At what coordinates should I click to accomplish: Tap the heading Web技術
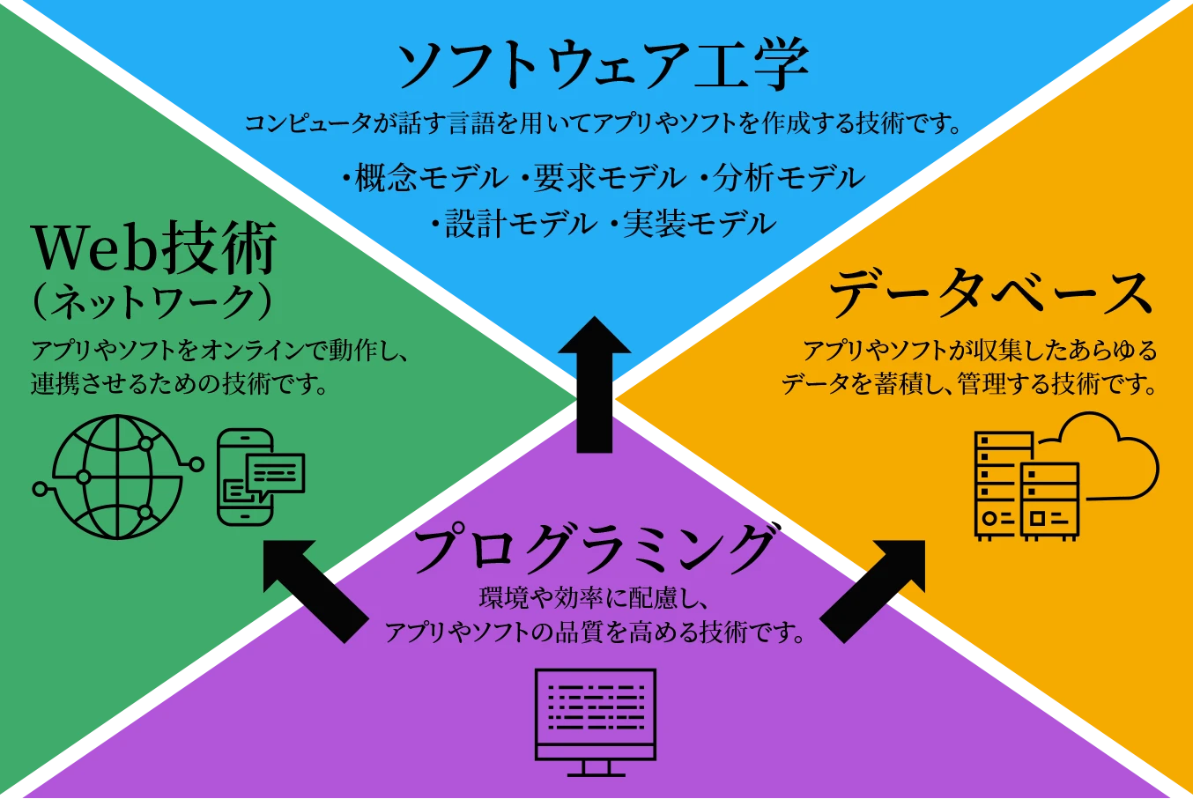coord(154,248)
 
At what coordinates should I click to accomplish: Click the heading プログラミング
coord(596,548)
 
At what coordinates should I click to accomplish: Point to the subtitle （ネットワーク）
coord(152,303)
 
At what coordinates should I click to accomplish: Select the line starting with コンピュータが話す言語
coord(603,123)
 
